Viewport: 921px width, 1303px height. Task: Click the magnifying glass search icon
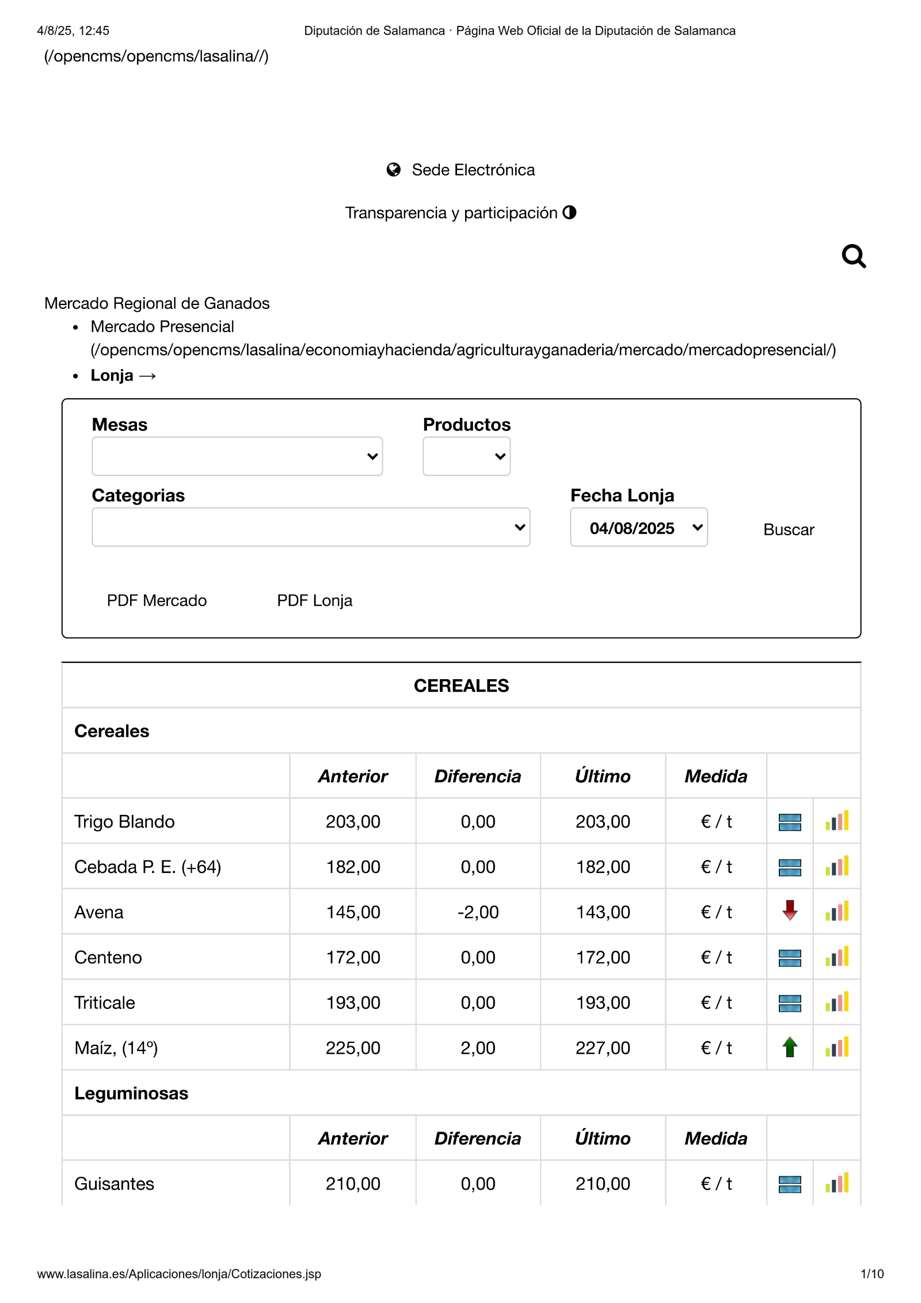[x=853, y=257]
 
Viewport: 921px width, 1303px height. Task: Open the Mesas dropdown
[x=237, y=456]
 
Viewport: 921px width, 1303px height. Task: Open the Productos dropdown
[x=466, y=456]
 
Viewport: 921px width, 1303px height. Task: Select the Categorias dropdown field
[x=310, y=527]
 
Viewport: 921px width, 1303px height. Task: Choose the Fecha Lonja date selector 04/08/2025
[x=638, y=528]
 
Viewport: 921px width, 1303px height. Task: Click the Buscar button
[x=788, y=529]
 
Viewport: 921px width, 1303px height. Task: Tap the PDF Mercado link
[x=157, y=600]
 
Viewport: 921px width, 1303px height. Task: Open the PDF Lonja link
[x=314, y=600]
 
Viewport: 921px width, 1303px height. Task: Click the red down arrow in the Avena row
[x=790, y=911]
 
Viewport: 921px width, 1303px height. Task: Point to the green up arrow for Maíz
[x=790, y=1047]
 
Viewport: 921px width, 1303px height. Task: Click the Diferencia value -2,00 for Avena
[x=478, y=912]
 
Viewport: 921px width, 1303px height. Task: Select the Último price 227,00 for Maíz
[x=603, y=1048]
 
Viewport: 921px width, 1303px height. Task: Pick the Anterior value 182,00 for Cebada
[x=353, y=867]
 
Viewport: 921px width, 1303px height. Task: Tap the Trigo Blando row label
[x=124, y=821]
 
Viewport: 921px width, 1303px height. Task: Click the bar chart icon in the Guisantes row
[x=837, y=1183]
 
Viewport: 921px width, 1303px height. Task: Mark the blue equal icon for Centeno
[x=790, y=958]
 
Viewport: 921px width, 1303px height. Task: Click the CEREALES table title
[x=461, y=685]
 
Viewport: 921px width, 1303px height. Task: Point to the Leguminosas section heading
[x=131, y=1093]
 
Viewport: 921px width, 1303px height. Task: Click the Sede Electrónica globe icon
[x=394, y=170]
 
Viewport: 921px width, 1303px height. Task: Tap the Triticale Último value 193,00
[x=603, y=1003]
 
